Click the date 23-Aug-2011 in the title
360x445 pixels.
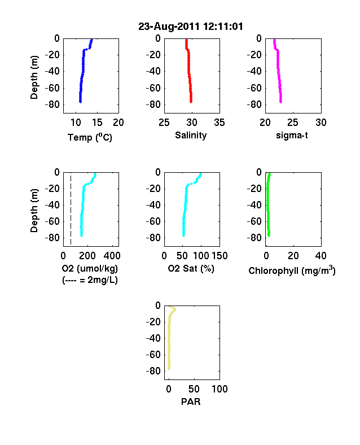tap(169, 27)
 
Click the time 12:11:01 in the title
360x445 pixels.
tap(223, 27)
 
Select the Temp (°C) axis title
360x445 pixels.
tap(90, 137)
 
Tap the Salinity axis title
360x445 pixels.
tap(191, 136)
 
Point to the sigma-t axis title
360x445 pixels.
tap(292, 136)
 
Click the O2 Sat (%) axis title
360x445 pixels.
tap(191, 268)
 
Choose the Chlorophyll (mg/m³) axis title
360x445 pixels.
tap(292, 271)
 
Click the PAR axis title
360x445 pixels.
tap(191, 402)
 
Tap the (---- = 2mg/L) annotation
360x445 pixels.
tap(90, 280)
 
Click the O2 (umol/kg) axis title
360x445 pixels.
tap(90, 268)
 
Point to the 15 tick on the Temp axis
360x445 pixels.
tap(97, 123)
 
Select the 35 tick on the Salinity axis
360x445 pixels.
tap(219, 123)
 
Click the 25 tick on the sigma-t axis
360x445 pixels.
tap(293, 123)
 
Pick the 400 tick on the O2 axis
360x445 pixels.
tap(112, 256)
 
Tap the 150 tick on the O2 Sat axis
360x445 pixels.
tap(219, 256)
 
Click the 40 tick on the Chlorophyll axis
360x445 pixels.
tap(321, 256)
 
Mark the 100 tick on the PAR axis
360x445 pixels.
tap(219, 389)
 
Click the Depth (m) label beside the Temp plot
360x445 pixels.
tap(34, 77)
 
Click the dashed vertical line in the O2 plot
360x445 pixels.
tap(71, 210)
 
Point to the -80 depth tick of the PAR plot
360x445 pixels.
tap(153, 371)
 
